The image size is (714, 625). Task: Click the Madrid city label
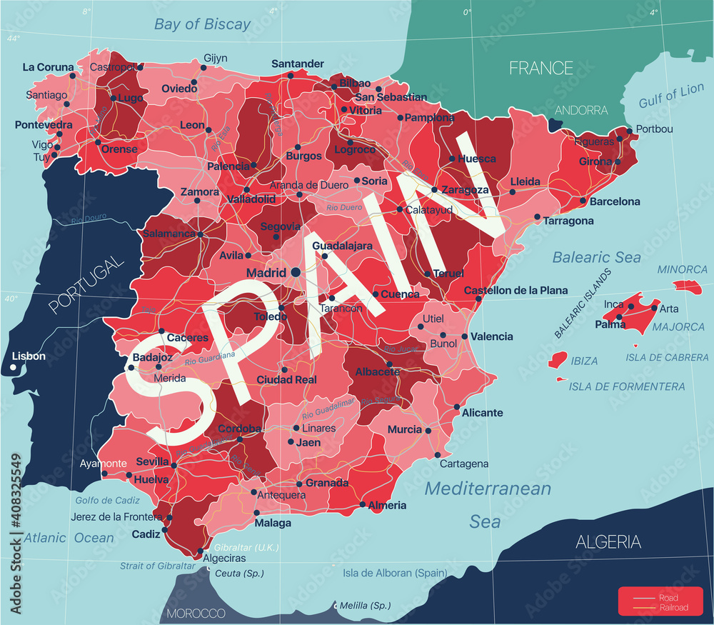(266, 273)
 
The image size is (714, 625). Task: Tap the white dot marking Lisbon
(14, 368)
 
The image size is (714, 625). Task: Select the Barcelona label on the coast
(614, 201)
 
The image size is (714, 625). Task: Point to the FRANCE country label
(540, 68)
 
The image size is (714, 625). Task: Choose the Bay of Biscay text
(203, 24)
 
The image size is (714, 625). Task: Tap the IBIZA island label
(584, 361)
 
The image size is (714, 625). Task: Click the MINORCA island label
(682, 269)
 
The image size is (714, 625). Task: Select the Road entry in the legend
(669, 597)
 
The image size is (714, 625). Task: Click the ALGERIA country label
(608, 542)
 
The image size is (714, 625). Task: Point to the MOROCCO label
(196, 614)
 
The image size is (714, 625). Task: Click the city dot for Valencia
(465, 336)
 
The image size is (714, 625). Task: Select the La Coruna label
(48, 67)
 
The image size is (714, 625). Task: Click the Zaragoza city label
(465, 190)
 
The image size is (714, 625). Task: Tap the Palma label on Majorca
(610, 325)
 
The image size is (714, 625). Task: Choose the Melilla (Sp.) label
(365, 605)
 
